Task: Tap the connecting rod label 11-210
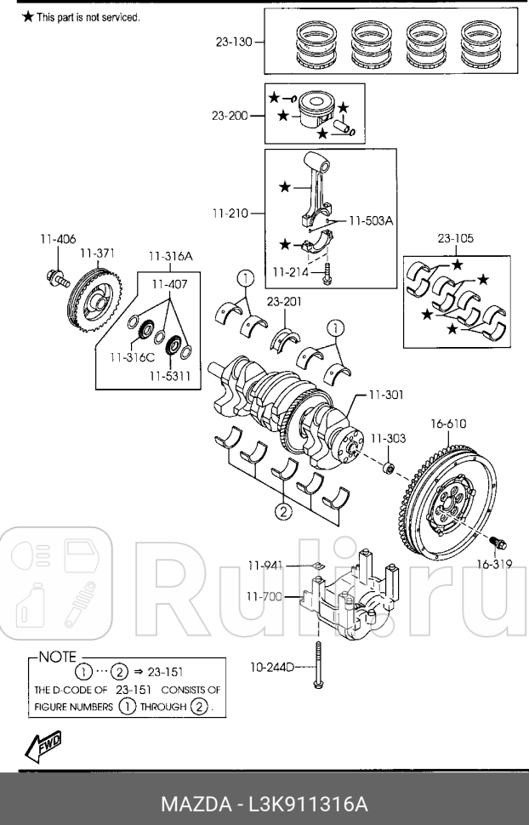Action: click(x=230, y=214)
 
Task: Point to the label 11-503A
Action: click(x=370, y=220)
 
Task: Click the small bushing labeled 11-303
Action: click(x=388, y=467)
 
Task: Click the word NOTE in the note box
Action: click(x=58, y=657)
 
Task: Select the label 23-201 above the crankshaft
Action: click(x=284, y=300)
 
